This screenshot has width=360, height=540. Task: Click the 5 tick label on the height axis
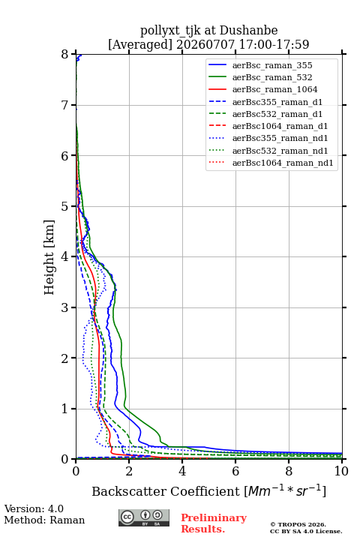coord(65,206)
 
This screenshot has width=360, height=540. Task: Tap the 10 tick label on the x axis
coord(341,471)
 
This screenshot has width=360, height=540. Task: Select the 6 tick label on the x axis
coord(235,471)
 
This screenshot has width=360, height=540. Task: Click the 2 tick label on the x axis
coord(129,471)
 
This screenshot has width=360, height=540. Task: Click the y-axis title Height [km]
coord(49,257)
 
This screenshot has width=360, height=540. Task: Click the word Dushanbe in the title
coord(248,30)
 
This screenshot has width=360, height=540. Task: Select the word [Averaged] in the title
coord(140,44)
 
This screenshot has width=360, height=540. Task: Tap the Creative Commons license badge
coord(144,517)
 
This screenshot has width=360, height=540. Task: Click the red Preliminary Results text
coord(214,523)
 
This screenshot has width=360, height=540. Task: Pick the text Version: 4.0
coord(34,508)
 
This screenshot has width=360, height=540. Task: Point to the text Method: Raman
coord(44,520)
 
